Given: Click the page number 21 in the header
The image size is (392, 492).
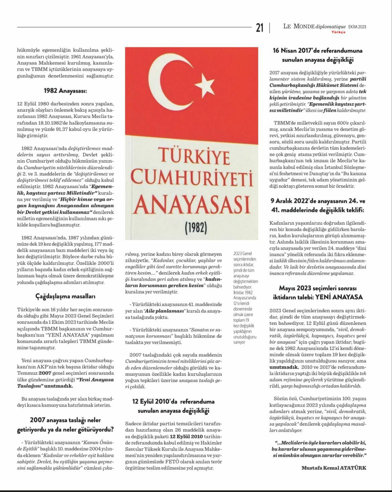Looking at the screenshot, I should tap(260, 27).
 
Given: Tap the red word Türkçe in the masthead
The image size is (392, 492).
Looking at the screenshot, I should tap(338, 32).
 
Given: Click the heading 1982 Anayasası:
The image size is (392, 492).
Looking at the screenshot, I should tap(65, 90).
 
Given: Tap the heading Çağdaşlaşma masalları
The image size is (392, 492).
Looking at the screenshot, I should tap(65, 296).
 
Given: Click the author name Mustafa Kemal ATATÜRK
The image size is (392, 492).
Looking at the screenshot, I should tap(334, 468).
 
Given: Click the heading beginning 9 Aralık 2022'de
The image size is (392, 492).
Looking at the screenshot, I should tap(318, 205).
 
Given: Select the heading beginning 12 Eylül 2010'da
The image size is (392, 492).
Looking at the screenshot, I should tap(173, 406).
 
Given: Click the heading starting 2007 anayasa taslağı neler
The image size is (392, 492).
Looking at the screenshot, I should tap(65, 425).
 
